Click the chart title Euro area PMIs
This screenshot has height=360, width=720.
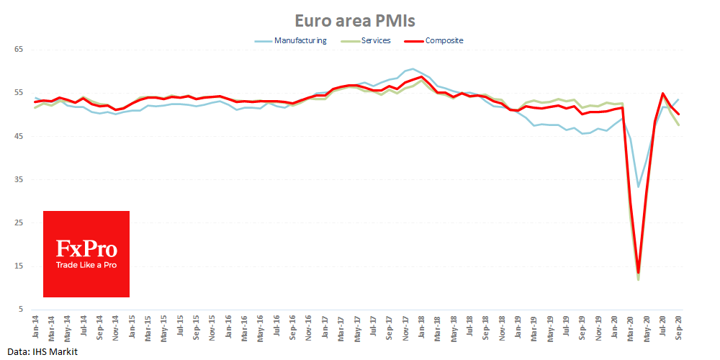[x=359, y=19]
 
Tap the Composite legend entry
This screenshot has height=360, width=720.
[x=444, y=40]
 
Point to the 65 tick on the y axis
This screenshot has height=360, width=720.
[x=19, y=50]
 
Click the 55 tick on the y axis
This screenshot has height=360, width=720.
[x=19, y=93]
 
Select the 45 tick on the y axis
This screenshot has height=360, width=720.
[x=19, y=136]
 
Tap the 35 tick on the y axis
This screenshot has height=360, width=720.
[x=19, y=180]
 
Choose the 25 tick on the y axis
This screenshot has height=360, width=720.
[x=19, y=223]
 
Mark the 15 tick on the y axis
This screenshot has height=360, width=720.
[x=19, y=266]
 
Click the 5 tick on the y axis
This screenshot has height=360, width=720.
[x=21, y=310]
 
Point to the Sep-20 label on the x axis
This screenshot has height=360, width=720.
[x=679, y=326]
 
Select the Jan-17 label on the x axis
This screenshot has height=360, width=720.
[x=325, y=326]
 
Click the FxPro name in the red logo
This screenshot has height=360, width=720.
[x=86, y=249]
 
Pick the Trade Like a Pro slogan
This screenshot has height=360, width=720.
[x=86, y=265]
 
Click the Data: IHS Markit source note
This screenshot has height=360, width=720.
[x=39, y=351]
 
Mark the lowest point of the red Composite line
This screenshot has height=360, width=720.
[x=639, y=273]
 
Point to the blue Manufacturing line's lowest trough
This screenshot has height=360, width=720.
[x=639, y=186]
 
